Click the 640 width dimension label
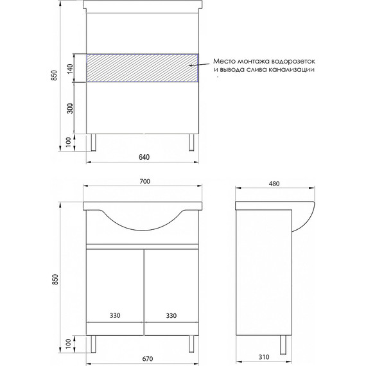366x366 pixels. click(x=144, y=157)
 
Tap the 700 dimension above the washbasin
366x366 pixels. click(x=145, y=181)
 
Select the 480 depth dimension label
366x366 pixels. click(x=274, y=184)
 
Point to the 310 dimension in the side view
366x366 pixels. click(x=264, y=357)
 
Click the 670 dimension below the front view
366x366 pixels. click(x=148, y=358)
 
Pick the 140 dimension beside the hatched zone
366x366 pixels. click(x=70, y=69)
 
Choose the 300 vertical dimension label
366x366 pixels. click(x=70, y=108)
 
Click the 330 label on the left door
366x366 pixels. click(x=115, y=315)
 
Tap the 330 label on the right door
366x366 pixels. click(x=171, y=316)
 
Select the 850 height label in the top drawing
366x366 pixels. click(x=54, y=75)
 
